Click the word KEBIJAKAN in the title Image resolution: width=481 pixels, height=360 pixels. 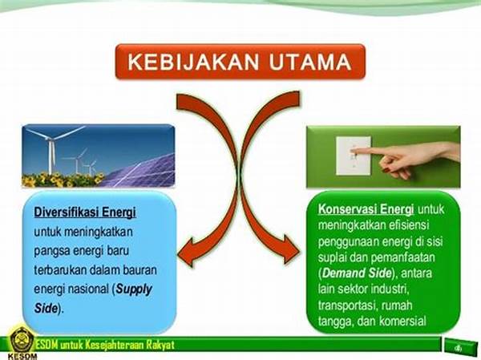tap(193, 62)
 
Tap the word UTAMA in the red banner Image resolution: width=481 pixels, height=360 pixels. tap(310, 62)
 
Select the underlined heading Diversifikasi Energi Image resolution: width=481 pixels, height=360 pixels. tap(85, 212)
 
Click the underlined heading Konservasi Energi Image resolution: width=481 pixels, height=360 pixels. tap(366, 209)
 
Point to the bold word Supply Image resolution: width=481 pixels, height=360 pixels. tap(134, 289)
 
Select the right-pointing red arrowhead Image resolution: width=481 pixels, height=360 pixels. tap(289, 249)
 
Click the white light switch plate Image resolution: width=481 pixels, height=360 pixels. tap(354, 156)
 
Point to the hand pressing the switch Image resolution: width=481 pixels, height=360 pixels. tap(408, 157)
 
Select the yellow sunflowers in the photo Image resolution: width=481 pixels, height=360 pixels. tap(63, 180)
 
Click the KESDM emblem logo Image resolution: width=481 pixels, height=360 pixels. tap(21, 340)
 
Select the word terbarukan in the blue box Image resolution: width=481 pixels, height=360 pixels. tap(60, 270)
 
